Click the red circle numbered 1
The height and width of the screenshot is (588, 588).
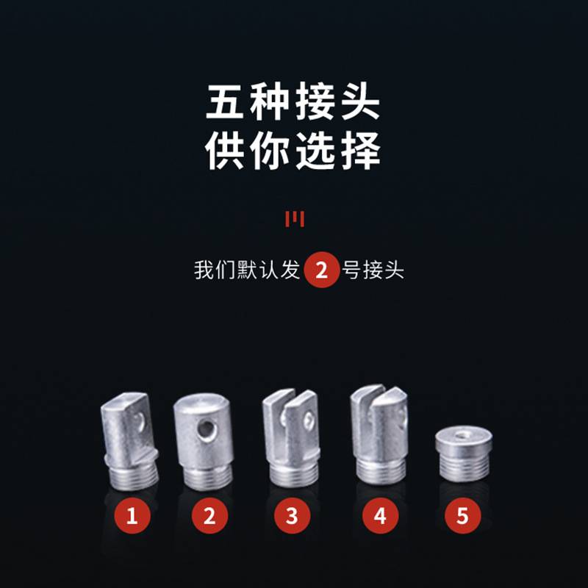pos(132,516)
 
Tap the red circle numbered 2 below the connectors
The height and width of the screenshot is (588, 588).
pos(210,516)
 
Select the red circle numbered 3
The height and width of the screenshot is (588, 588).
pos(293,516)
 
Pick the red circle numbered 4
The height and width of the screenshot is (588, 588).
pos(380,516)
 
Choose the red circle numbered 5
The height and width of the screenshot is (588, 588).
pos(462,516)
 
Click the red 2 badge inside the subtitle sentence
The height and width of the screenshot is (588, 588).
pos(322,270)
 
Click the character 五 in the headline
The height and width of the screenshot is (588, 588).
pos(226,104)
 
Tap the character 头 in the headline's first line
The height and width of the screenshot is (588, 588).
pos(360,104)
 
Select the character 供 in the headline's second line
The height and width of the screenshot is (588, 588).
pos(226,151)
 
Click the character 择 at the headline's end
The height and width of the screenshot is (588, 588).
pos(360,151)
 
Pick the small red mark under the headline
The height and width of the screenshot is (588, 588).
pos(294,218)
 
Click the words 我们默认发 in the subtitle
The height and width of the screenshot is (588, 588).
pos(247,270)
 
